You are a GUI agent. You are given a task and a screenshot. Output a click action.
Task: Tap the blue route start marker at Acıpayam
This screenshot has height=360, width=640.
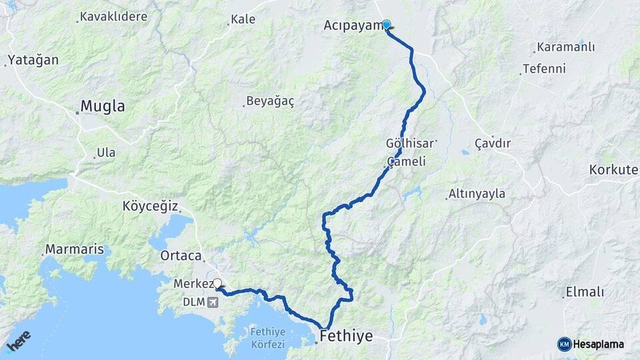click(x=386, y=25)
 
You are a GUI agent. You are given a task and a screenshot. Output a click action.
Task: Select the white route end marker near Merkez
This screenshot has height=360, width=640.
click(x=217, y=283)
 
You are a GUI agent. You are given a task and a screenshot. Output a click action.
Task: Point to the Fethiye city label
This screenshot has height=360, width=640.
click(x=346, y=335)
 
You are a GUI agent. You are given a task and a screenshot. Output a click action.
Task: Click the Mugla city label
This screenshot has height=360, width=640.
click(x=103, y=106)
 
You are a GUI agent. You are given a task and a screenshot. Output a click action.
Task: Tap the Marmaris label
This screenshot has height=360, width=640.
click(x=75, y=250)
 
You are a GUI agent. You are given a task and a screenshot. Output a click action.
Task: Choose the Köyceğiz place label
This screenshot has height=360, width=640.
click(x=150, y=206)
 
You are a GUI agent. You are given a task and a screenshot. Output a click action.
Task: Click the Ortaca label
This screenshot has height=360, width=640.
click(x=181, y=255)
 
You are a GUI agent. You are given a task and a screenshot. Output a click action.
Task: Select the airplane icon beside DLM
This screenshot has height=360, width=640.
click(x=213, y=302)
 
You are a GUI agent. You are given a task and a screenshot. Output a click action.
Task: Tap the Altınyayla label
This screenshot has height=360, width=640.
click(x=477, y=194)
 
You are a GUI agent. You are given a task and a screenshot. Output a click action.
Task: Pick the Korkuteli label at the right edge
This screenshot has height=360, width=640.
click(x=613, y=170)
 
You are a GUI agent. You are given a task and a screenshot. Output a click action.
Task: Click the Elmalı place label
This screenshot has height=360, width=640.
click(x=584, y=292)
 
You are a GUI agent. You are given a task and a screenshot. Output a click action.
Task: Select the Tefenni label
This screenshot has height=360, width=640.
click(x=544, y=69)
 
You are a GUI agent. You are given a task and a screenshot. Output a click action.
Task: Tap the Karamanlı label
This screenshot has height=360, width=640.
click(x=565, y=48)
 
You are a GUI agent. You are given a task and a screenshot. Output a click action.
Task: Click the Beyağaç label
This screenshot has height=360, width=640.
click(x=270, y=101)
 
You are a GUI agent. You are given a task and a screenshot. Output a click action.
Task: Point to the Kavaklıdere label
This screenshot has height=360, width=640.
click(x=113, y=17)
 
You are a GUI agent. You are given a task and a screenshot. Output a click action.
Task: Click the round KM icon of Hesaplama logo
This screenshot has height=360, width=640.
click(x=564, y=344)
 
